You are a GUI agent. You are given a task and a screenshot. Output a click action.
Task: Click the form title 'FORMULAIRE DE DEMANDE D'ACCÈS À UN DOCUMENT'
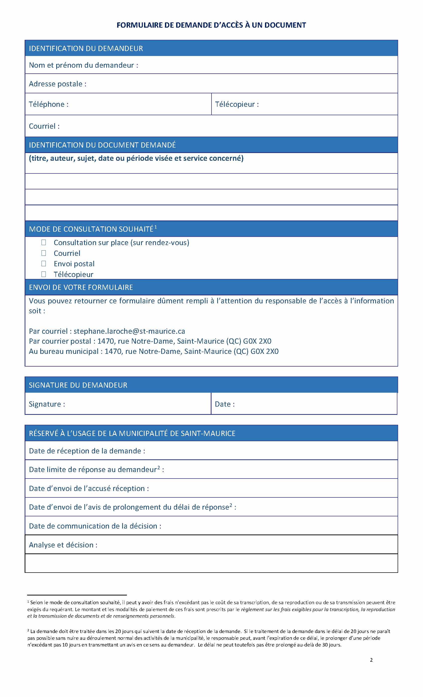(211, 25)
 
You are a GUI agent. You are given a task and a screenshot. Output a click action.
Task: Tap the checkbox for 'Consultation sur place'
(44, 242)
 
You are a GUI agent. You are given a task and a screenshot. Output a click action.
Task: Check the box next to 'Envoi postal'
(44, 264)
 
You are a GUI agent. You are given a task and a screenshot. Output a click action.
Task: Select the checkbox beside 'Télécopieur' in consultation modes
(44, 274)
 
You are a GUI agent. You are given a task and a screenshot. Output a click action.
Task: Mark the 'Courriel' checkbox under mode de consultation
(44, 253)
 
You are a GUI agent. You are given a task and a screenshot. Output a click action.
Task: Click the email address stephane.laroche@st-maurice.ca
(129, 331)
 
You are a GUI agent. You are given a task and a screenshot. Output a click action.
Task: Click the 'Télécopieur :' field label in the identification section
(237, 104)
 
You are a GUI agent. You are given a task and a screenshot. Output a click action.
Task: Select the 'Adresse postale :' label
(57, 84)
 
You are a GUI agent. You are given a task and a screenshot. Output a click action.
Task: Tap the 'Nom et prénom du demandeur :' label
(83, 65)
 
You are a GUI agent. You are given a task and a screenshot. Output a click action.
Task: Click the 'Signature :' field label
(47, 404)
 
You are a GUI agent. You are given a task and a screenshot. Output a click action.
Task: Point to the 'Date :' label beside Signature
(225, 404)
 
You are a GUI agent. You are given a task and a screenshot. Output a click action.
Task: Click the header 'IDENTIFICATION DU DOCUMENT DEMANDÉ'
(102, 145)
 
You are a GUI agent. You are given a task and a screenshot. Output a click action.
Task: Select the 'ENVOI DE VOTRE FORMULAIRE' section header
(81, 287)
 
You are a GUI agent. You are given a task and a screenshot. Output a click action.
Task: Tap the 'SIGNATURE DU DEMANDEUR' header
(78, 385)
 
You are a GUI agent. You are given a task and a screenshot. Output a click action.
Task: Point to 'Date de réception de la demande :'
(87, 451)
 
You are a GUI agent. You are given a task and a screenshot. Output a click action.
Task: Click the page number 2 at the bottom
(371, 660)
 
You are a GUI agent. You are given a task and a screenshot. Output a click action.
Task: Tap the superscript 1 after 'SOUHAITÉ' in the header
(156, 227)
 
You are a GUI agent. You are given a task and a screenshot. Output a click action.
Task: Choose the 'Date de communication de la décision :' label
(95, 526)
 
